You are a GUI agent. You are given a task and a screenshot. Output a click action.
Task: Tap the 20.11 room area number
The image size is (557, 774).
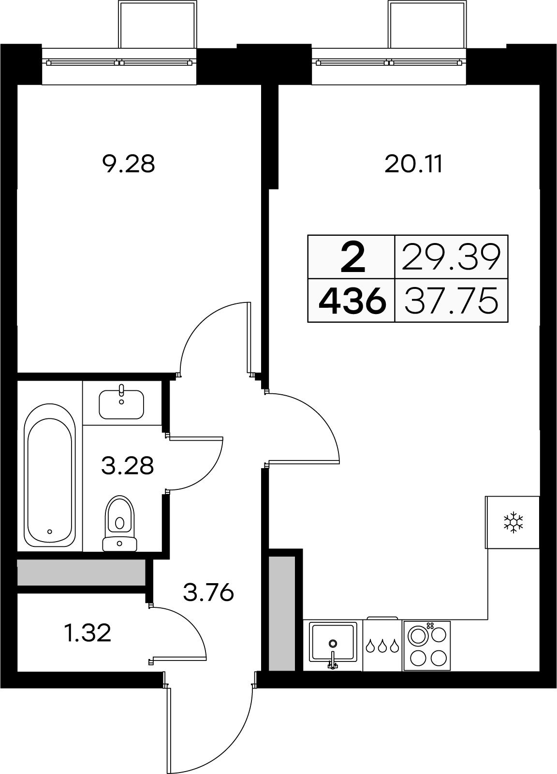pos(413,164)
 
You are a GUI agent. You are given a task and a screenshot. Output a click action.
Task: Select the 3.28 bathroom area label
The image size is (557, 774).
pos(127,465)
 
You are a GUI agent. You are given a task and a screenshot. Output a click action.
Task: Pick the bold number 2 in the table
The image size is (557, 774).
pos(352,257)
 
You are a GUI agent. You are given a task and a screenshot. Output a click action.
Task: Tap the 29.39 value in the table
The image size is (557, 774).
pos(451,257)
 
